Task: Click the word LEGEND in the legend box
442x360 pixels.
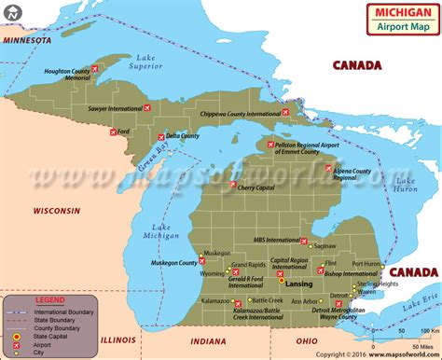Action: pos(49,299)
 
